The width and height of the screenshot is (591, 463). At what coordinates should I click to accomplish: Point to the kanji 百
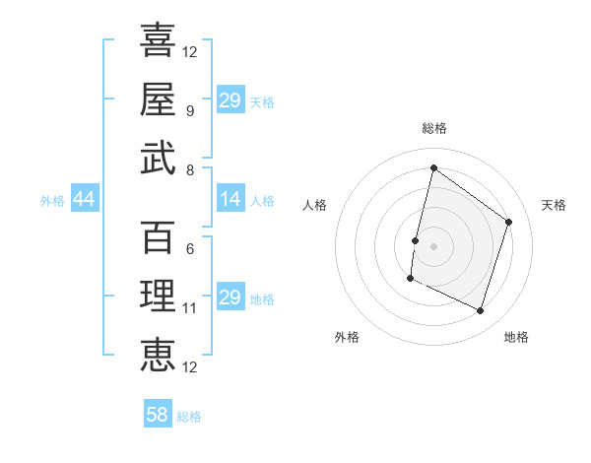click(158, 237)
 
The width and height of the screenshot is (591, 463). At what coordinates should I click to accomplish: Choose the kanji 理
click(158, 296)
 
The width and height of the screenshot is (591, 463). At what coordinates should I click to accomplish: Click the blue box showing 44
click(84, 200)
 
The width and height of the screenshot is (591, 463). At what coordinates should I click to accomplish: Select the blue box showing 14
click(230, 200)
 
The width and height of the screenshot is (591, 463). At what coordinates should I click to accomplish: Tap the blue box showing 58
click(158, 415)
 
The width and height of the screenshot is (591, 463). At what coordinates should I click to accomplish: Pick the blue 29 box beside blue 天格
click(230, 100)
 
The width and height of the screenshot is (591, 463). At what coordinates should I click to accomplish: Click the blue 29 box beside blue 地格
click(230, 298)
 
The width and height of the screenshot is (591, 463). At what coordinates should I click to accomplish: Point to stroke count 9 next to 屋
click(189, 110)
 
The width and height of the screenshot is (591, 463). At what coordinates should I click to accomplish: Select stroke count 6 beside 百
click(189, 249)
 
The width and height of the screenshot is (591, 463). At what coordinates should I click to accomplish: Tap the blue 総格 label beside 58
click(189, 417)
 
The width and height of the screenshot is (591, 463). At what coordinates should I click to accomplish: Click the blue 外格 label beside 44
click(52, 201)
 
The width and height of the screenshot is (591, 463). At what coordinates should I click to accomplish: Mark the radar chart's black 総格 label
click(433, 128)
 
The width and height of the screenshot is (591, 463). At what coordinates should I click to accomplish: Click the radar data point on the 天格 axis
click(509, 222)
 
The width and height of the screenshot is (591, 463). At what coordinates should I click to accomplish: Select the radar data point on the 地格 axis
click(480, 311)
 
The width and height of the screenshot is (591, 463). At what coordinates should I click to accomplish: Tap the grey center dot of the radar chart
click(433, 246)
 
